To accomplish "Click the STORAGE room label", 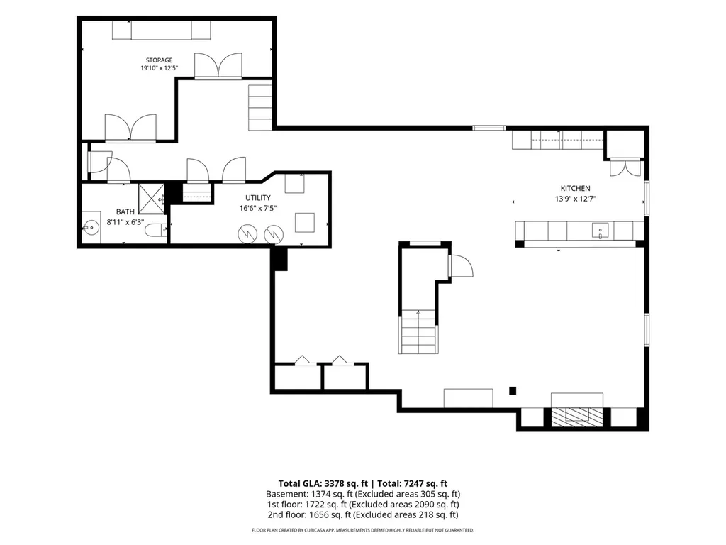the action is tap(160, 60).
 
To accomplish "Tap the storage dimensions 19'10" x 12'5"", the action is tap(160, 68).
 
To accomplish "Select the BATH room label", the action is tap(125, 211).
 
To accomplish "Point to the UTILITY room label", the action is tap(258, 198).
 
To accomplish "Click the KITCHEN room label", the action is tap(576, 188).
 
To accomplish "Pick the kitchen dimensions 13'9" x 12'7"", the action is tap(576, 199).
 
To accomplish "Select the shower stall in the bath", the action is tap(152, 199).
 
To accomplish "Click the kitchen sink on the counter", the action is tap(600, 231).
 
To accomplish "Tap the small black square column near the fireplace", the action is tap(513, 391).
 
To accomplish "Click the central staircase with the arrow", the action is tap(418, 332).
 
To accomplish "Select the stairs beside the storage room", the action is tap(259, 108).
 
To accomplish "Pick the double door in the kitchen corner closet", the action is tap(625, 167).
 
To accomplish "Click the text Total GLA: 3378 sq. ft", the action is tap(323, 484).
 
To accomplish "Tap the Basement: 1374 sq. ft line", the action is tap(363, 494).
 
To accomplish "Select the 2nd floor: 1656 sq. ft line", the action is tap(363, 514).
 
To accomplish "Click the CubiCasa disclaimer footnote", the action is tap(363, 530).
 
